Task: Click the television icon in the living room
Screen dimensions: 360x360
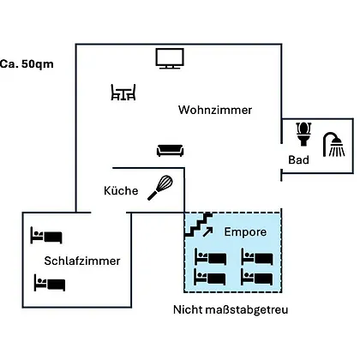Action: click(x=170, y=58)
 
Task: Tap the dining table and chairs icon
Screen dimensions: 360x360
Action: click(x=123, y=93)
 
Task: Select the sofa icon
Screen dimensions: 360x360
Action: click(x=170, y=151)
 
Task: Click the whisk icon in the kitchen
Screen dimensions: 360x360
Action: click(x=160, y=188)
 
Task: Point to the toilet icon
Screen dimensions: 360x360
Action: click(x=303, y=134)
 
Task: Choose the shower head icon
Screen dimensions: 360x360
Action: click(x=333, y=145)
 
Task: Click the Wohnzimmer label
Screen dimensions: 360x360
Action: click(x=215, y=110)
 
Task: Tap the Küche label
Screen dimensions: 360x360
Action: click(x=121, y=190)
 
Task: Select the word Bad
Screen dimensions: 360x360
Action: click(x=298, y=159)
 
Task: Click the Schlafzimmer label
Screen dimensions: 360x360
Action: click(x=82, y=261)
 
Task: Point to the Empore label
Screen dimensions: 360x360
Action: click(x=245, y=231)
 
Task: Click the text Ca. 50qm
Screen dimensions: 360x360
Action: click(x=27, y=63)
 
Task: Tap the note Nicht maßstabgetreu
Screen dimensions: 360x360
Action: click(x=231, y=309)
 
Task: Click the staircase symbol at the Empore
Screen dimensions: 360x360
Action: click(x=199, y=225)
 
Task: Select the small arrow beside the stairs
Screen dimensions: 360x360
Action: click(x=207, y=232)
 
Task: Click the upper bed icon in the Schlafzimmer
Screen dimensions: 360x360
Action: click(x=46, y=236)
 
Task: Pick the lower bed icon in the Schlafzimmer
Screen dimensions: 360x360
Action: click(x=50, y=283)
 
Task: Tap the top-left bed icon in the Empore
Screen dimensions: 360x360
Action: click(x=210, y=256)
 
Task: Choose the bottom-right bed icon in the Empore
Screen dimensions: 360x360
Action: click(x=257, y=277)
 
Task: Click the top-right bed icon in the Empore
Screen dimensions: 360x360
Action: click(x=257, y=256)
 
